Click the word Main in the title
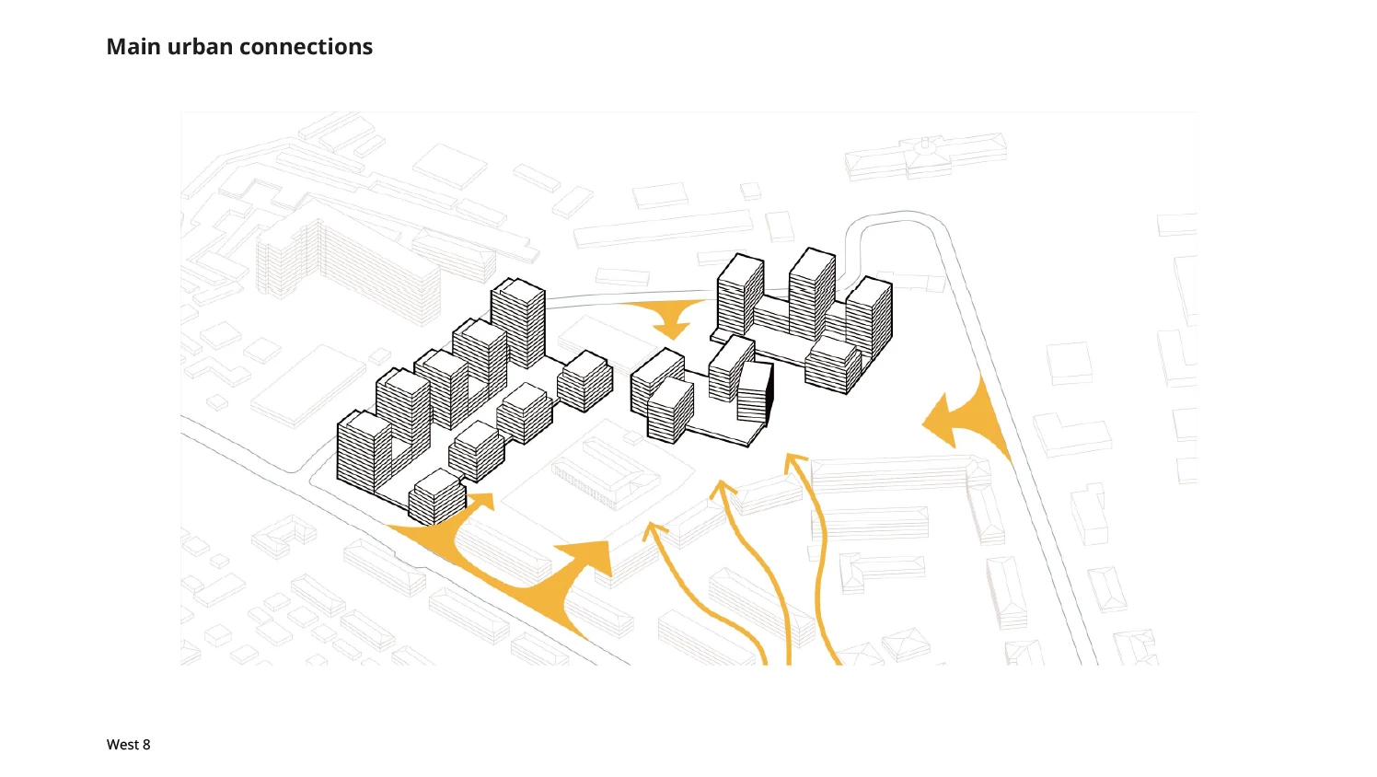coord(133,47)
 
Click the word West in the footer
coord(122,745)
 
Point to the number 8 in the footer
coord(146,745)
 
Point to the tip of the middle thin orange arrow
coord(722,484)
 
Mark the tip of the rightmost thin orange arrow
coord(794,456)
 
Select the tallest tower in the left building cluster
coord(518,322)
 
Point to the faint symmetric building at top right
coord(925,156)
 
